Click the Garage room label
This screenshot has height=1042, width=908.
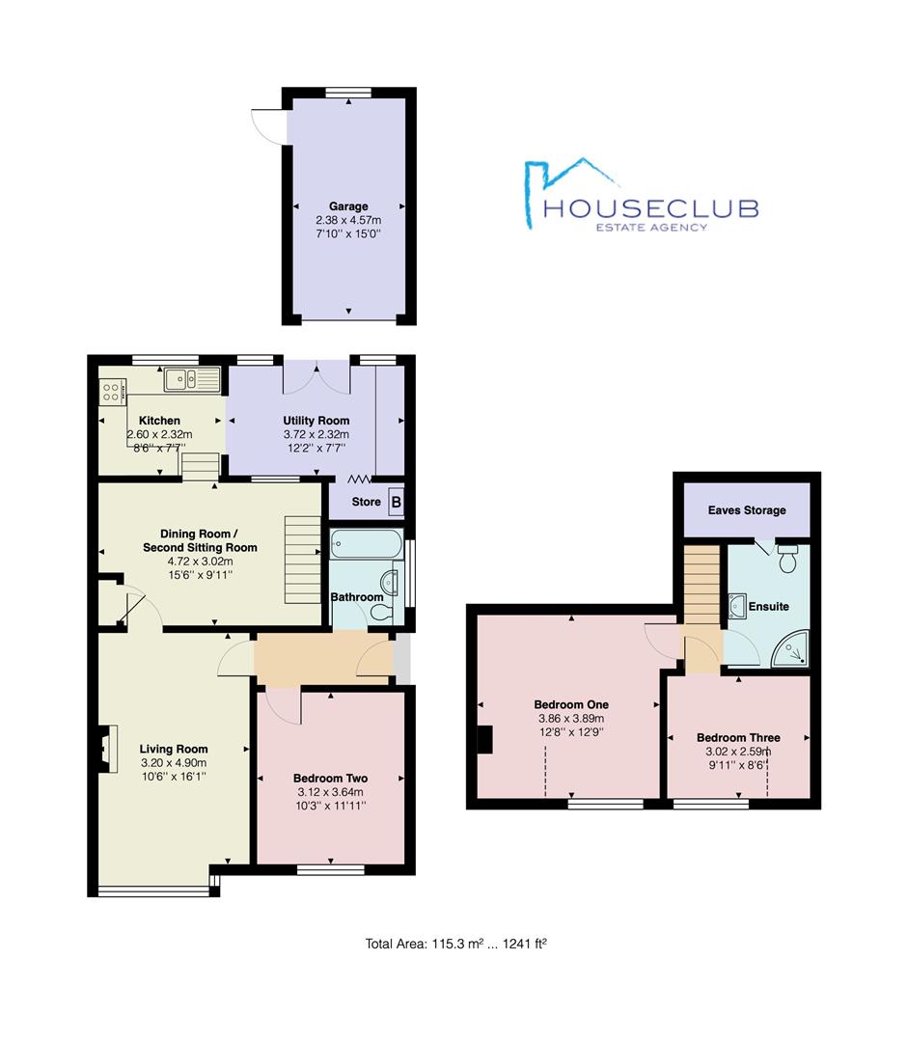click(x=348, y=206)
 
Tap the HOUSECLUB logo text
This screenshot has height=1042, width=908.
click(x=650, y=208)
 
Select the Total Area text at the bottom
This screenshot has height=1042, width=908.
click(x=456, y=943)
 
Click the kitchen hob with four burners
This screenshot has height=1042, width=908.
click(x=112, y=392)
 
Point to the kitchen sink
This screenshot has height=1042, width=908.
click(x=192, y=379)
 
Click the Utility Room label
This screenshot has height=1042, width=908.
click(x=316, y=421)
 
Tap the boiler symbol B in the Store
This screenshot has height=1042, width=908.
click(x=397, y=502)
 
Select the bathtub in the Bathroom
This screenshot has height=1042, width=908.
click(x=367, y=544)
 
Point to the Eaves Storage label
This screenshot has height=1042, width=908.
click(x=747, y=510)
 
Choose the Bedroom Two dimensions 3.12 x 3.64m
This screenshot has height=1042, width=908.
click(x=330, y=792)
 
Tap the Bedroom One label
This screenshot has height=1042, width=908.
click(x=571, y=704)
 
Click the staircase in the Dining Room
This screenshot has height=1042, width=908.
click(x=303, y=559)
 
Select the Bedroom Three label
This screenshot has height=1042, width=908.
click(x=738, y=738)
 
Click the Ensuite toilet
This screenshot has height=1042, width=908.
click(x=787, y=559)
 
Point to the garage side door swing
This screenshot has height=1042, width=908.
click(x=268, y=125)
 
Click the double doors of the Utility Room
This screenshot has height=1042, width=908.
click(x=316, y=377)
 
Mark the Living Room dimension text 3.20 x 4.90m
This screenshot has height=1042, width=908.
click(x=174, y=763)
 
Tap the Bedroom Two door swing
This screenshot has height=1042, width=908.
click(x=283, y=706)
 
